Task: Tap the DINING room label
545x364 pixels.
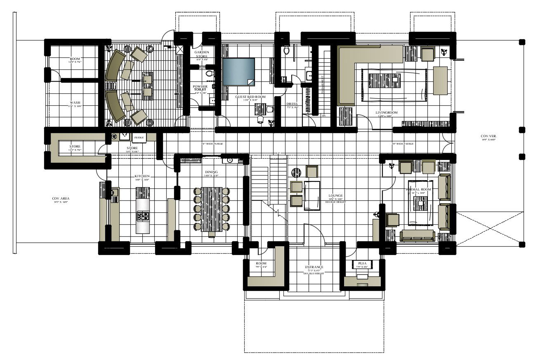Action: [x=211, y=172]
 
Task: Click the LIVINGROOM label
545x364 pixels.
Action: [x=386, y=112]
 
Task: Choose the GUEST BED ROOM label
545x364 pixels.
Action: [x=250, y=97]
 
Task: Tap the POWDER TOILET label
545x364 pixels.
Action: [x=201, y=88]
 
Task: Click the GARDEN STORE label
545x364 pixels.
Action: [x=202, y=54]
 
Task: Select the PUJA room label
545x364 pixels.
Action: [x=362, y=263]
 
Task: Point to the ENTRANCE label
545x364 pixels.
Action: [x=314, y=267]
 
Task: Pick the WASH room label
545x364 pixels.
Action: [x=75, y=102]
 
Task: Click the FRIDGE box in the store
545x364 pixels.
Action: [x=139, y=138]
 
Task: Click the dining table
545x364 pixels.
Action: [x=212, y=209]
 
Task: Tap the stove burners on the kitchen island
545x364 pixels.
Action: [x=143, y=215]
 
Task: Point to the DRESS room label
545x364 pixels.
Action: [x=292, y=104]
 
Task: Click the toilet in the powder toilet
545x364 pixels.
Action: [x=209, y=74]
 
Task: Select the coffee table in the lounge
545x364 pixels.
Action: [x=312, y=195]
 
